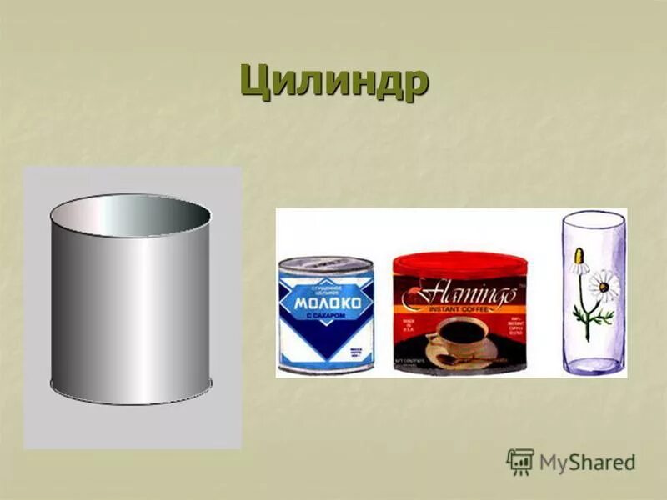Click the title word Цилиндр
pyautogui.click(x=333, y=81)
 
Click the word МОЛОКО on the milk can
pyautogui.click(x=327, y=303)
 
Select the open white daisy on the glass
pyautogui.click(x=602, y=285)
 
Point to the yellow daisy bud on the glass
pyautogui.click(x=579, y=265)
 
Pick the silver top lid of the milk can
pyautogui.click(x=325, y=265)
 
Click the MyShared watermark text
pyautogui.click(x=587, y=462)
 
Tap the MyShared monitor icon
pyautogui.click(x=519, y=462)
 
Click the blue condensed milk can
pyautogui.click(x=326, y=313)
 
